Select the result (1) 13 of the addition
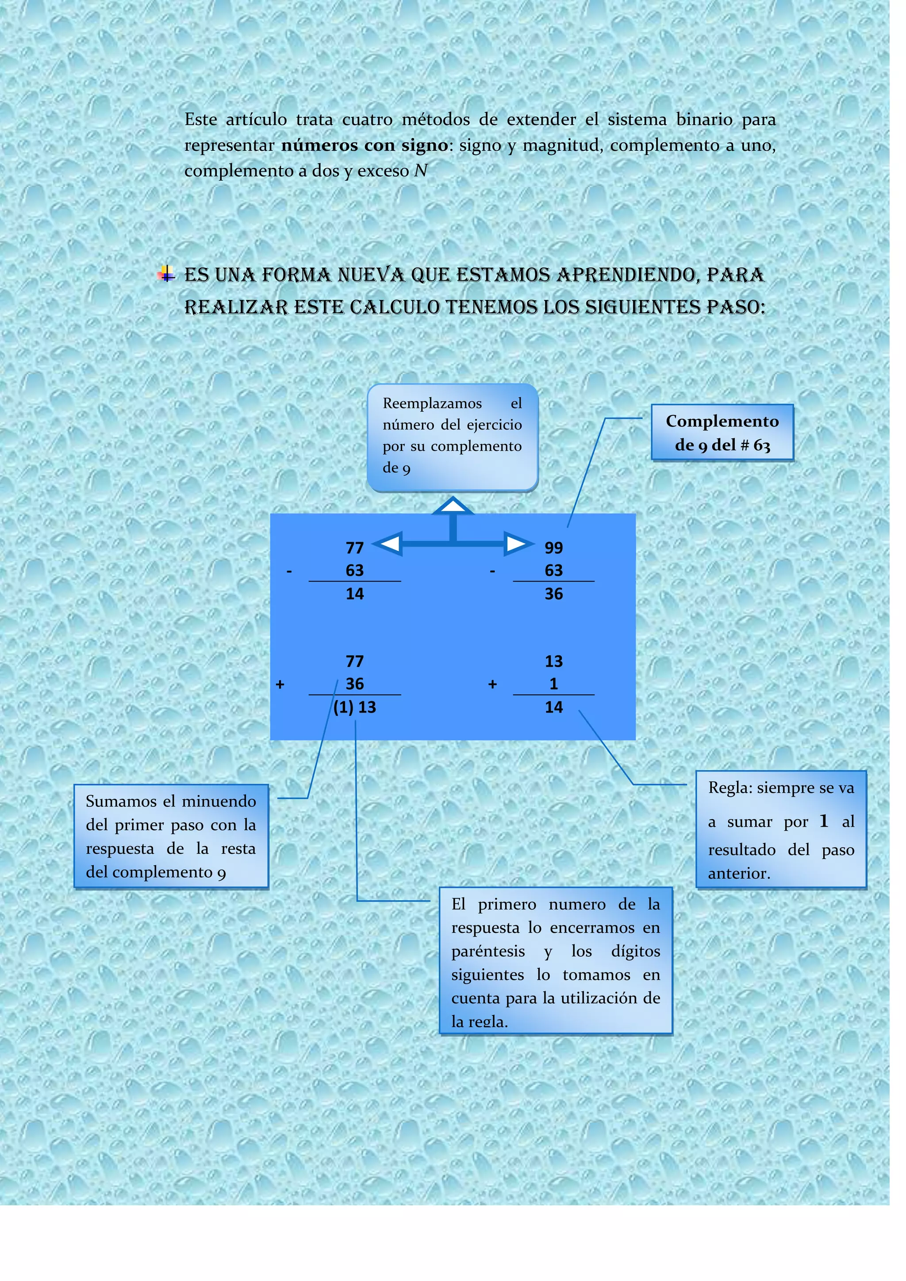[355, 707]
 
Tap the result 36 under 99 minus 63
[553, 594]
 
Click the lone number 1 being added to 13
[553, 683]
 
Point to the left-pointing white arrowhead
[389, 544]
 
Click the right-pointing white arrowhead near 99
[517, 544]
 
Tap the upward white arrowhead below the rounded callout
[453, 506]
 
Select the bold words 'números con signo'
[364, 145]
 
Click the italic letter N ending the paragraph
[421, 171]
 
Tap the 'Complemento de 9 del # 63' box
[722, 433]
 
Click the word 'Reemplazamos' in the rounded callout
[432, 403]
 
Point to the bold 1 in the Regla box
[823, 821]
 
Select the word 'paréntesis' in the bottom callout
[488, 951]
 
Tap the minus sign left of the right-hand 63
[492, 571]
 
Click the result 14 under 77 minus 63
[355, 594]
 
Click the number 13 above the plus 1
[553, 661]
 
